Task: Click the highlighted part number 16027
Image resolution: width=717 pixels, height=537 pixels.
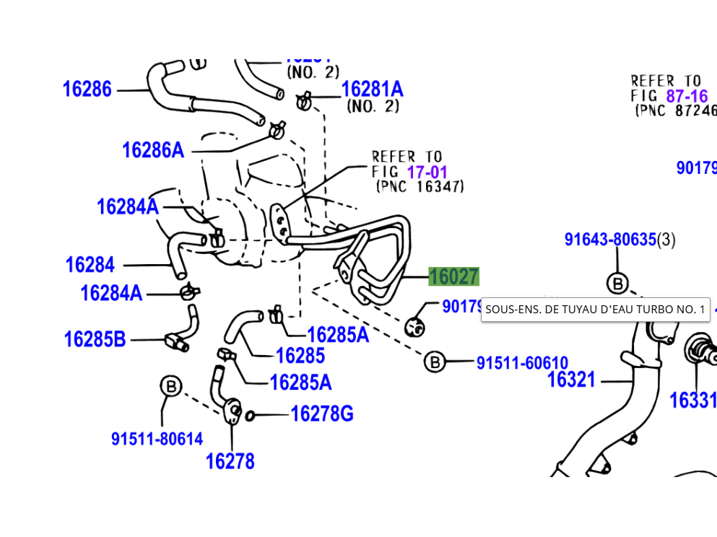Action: pos(453,277)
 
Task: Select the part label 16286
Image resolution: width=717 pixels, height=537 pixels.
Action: pos(87,89)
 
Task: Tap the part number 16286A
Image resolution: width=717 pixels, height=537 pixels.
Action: pos(152,150)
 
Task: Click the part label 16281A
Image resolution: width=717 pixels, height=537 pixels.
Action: pos(372,89)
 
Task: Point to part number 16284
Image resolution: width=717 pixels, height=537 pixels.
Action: pos(90,265)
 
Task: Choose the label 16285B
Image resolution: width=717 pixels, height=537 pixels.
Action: pos(95,339)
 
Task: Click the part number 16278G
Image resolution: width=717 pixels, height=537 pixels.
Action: pos(321,414)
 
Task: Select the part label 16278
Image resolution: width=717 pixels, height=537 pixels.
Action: pos(230,461)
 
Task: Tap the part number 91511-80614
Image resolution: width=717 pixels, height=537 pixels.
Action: pos(157,439)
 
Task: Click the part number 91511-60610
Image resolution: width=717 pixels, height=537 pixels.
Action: pos(522,363)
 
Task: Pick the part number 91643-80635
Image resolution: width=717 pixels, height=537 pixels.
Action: pos(610,240)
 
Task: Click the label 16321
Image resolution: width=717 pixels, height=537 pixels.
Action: pos(571,380)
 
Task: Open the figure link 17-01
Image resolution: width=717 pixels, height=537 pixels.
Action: pos(427,173)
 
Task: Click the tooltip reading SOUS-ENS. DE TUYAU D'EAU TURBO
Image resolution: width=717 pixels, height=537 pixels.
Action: pos(595,310)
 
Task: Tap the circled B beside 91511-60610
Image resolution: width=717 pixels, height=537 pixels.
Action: pos(435,362)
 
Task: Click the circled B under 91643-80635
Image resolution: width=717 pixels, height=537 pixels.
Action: pos(617,284)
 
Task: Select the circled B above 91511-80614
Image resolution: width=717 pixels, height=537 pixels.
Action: pos(170,387)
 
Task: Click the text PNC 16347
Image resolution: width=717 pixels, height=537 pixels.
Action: pos(420,187)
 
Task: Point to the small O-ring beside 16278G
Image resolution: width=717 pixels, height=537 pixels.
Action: pos(251,415)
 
